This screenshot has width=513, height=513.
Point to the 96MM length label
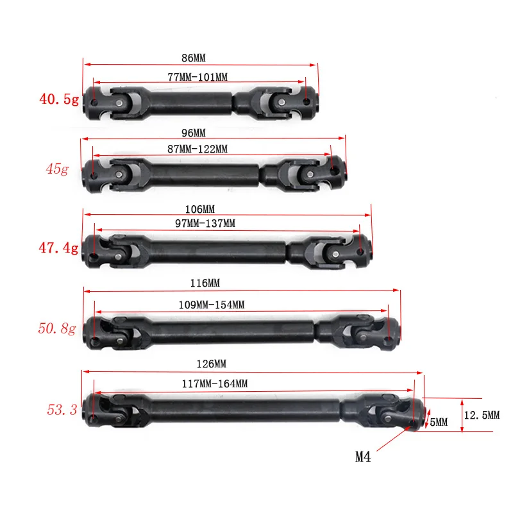click(x=193, y=133)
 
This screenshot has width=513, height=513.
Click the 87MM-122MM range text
click(x=196, y=149)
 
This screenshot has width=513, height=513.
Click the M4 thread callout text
click(x=363, y=457)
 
